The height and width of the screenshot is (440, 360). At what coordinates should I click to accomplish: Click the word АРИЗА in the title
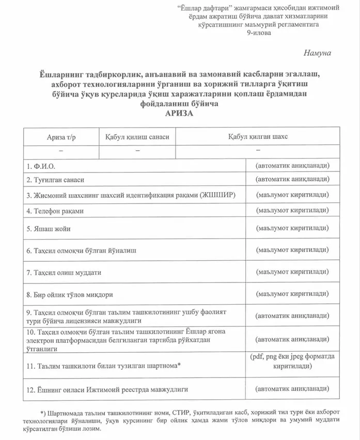click(179, 114)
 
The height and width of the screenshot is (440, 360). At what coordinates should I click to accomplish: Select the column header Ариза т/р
click(61, 137)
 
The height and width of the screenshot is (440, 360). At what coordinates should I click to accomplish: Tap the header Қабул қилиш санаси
click(137, 137)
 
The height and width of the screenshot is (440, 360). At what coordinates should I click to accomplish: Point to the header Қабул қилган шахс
click(258, 137)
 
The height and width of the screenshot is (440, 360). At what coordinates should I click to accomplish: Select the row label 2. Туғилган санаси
click(55, 180)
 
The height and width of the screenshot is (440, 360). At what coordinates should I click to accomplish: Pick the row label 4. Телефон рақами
click(55, 211)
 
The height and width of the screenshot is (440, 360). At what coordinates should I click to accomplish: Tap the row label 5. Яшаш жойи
click(49, 229)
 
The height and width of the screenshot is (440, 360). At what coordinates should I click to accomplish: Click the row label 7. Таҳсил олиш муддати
click(64, 272)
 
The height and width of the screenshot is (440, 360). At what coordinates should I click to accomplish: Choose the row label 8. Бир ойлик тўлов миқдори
click(70, 294)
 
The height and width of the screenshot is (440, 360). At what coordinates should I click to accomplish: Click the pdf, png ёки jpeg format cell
click(292, 361)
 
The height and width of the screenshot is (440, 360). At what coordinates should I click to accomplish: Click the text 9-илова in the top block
click(258, 33)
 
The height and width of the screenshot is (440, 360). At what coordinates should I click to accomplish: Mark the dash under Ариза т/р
click(61, 150)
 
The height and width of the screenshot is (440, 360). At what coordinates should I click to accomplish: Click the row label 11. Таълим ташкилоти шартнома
click(103, 366)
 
